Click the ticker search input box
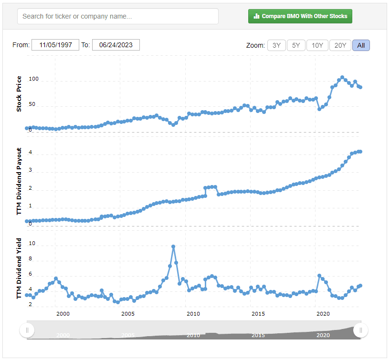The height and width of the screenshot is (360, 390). click(117, 16)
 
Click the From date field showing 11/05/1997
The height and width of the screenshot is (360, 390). click(55, 45)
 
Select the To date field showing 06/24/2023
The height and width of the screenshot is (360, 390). click(116, 45)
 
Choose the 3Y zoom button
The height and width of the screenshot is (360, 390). click(276, 45)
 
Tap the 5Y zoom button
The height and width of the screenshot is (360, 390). click(296, 45)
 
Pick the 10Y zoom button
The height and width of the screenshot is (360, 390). click(317, 45)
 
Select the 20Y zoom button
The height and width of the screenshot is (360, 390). click(340, 45)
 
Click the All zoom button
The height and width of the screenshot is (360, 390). click(361, 45)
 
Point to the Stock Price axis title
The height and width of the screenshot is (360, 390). click(19, 94)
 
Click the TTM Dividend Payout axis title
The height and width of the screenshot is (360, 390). click(19, 181)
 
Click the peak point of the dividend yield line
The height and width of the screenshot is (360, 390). click(173, 247)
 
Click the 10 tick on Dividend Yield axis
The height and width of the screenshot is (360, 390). click(32, 243)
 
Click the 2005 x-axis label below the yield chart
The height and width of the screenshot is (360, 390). click(127, 314)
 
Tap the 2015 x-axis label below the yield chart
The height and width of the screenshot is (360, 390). click(258, 314)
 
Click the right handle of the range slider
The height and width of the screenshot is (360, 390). click(361, 330)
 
